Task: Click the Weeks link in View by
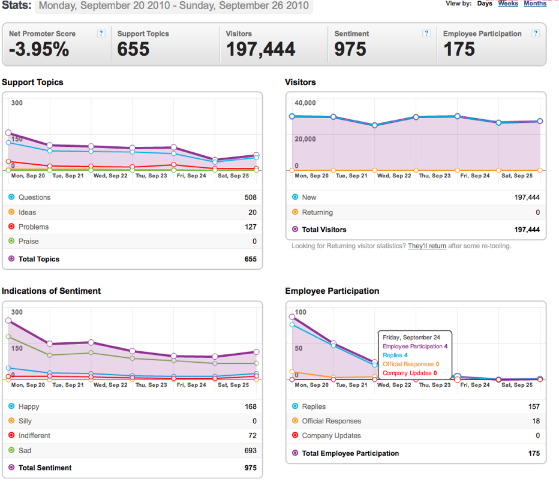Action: point(508,4)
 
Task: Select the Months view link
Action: point(535,4)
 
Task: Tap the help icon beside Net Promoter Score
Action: point(101,33)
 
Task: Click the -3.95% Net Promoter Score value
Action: point(39,49)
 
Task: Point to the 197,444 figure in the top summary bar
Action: point(260,49)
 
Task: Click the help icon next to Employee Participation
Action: point(536,33)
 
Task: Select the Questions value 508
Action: point(251,197)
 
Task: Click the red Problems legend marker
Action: point(11,226)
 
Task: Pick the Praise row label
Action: point(29,241)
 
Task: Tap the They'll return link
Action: point(427,246)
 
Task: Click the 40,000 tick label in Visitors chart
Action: point(305,103)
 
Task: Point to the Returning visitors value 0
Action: point(537,212)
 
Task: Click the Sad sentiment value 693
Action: point(251,451)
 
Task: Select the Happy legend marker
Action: point(11,406)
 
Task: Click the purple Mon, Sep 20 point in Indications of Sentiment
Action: point(8,320)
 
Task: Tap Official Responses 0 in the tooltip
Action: point(411,364)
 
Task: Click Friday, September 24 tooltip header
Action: point(411,338)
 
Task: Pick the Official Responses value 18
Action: point(536,421)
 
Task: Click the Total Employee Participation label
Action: point(350,453)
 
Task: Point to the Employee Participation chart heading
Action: point(332,291)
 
